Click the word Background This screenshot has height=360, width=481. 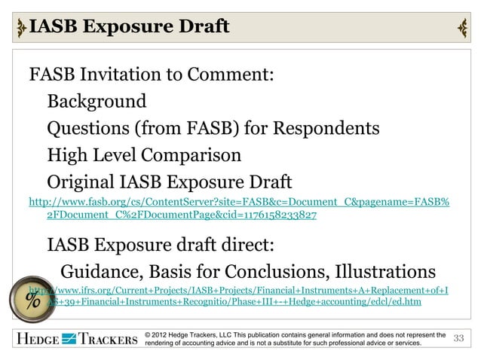click(97, 101)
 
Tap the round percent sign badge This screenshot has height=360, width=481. click(33, 300)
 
